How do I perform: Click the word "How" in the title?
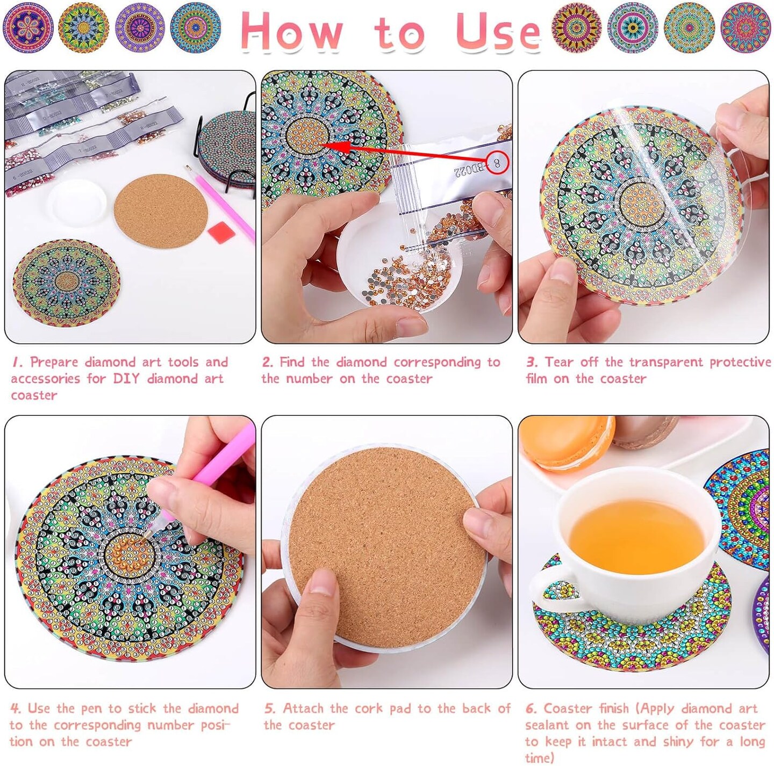click(292, 31)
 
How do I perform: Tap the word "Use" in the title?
click(497, 31)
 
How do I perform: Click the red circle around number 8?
click(497, 162)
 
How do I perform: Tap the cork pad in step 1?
click(161, 211)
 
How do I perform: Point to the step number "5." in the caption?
click(270, 709)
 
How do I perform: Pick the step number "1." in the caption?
click(17, 363)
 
